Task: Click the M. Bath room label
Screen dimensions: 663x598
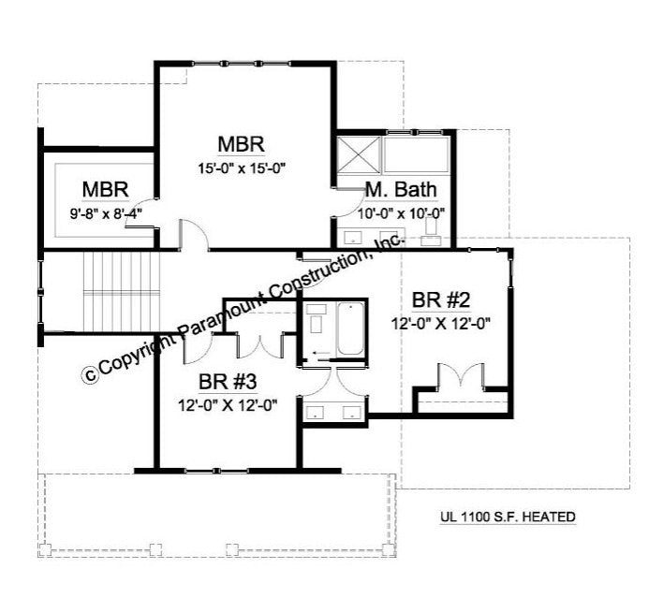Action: pos(401,190)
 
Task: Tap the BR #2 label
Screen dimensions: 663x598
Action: pos(440,300)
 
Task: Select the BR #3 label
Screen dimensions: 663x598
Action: pos(228,382)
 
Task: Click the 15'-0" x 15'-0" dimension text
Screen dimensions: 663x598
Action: pos(242,168)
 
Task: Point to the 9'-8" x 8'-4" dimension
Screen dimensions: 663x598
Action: pos(106,213)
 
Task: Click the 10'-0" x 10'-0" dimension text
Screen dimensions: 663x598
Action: pos(402,214)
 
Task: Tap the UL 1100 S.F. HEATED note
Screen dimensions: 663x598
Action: pos(508,517)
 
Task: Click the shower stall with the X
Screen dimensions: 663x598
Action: pos(359,154)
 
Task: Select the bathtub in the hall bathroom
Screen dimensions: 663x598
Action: pos(350,328)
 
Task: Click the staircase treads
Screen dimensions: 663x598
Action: pos(122,292)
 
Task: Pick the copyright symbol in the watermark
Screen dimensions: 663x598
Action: pos(90,375)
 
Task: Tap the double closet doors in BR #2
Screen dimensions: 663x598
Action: pos(461,374)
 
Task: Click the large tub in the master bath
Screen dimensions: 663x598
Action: pos(416,154)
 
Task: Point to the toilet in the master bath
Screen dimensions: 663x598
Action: pos(431,231)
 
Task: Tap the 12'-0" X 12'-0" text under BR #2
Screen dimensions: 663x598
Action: pos(440,324)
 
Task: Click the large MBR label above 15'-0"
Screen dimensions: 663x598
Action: pos(241,144)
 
